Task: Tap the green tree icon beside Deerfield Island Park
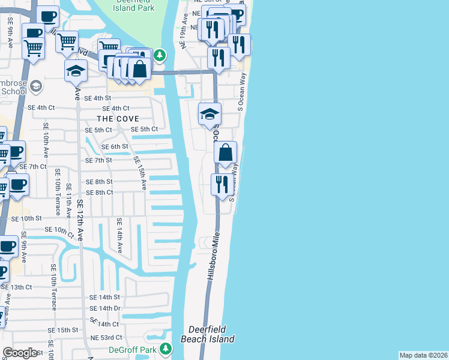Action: point(160,56)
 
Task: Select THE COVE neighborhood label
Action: point(119,119)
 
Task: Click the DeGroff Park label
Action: point(131,350)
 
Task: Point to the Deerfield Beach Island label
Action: point(211,334)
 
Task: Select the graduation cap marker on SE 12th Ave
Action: point(76,71)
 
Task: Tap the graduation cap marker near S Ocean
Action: point(209,113)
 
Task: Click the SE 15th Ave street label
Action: point(140,173)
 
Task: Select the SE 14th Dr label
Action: point(105,308)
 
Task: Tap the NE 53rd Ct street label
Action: point(106,338)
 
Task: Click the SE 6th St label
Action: point(115,146)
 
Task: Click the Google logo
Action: point(20,353)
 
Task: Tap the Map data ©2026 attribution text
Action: point(424,355)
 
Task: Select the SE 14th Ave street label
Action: point(119,235)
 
